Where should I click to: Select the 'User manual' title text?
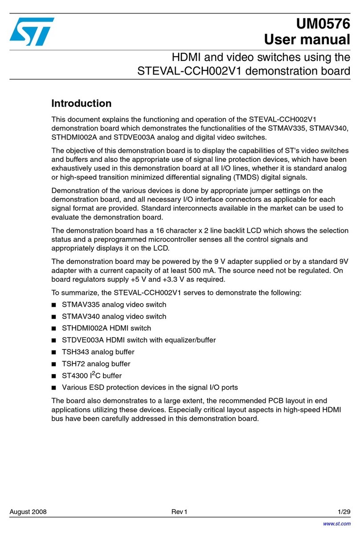(x=307, y=39)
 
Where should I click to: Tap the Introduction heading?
(x=81, y=104)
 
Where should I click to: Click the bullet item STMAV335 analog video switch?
(x=114, y=305)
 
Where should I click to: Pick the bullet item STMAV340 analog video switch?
(x=114, y=317)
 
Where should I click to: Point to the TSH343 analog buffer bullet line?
(x=98, y=352)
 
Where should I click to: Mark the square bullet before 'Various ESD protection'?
(x=54, y=387)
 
